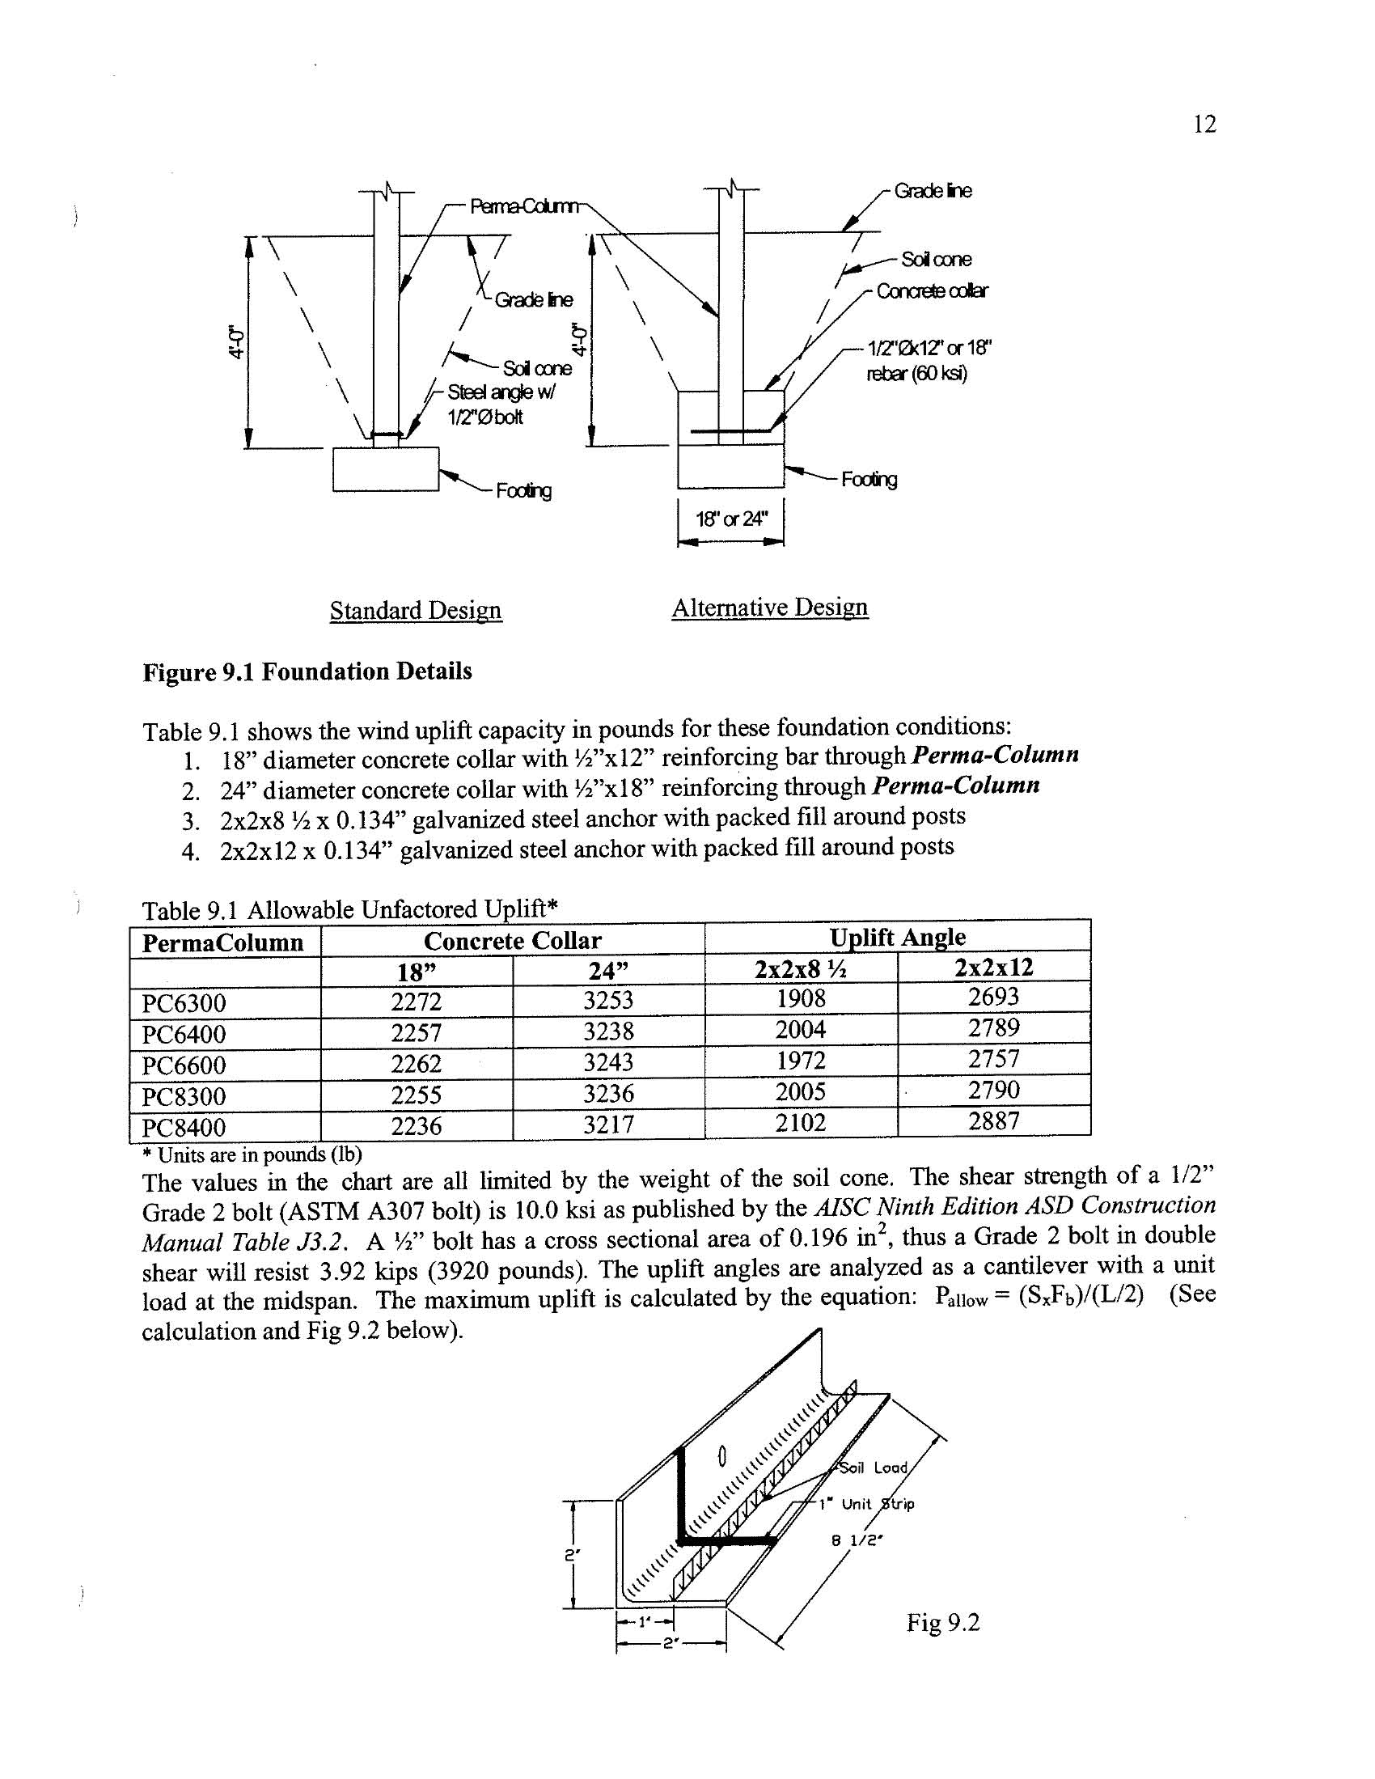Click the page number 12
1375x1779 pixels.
pos(1204,125)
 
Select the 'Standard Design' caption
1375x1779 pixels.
pos(416,610)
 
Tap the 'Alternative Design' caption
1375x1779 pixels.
pos(770,608)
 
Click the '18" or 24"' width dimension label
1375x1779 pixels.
pos(731,519)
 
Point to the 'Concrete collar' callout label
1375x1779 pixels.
pos(932,291)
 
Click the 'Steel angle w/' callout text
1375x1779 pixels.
pos(501,392)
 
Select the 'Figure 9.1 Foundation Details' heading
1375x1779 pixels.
pos(307,672)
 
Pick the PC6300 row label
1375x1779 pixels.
pos(184,1002)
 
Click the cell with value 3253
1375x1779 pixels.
pos(608,999)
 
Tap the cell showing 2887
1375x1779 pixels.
pos(993,1121)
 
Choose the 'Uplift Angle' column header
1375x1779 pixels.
pos(897,938)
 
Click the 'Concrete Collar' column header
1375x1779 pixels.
pos(512,941)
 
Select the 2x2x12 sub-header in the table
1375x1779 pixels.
pos(993,968)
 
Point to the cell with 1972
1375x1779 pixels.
pos(800,1061)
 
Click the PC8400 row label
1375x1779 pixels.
pos(184,1129)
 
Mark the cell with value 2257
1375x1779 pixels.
pos(416,1033)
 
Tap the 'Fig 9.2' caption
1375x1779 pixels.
pos(942,1624)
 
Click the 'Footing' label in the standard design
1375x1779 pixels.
pos(524,490)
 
